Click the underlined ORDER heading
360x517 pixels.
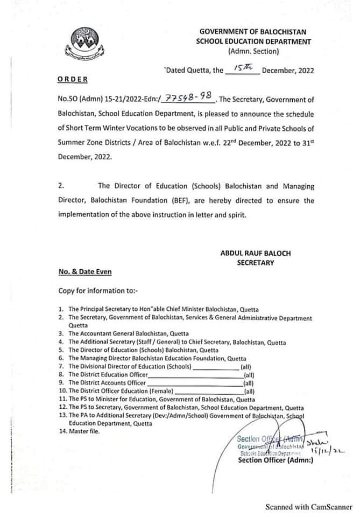coord(72,79)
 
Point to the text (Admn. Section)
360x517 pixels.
coord(253,52)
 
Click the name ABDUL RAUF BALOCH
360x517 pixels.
coord(248,252)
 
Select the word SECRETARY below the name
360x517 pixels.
coord(255,263)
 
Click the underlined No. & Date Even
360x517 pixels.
coord(84,273)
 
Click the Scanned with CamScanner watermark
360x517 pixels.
coord(309,507)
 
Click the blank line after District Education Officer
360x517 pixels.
coord(195,374)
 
